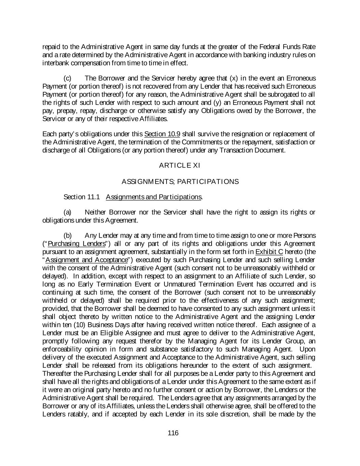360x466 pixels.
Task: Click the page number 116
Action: (173, 433)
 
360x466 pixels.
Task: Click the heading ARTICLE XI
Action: (179, 166)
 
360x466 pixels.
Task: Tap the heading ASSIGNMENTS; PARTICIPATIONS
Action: (180, 182)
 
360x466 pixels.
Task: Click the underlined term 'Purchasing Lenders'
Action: (76, 244)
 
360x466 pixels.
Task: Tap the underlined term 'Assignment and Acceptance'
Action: (86, 260)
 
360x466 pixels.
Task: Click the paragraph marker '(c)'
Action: (68, 78)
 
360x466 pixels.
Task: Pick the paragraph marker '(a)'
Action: (68, 212)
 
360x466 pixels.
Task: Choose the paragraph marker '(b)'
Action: (68, 236)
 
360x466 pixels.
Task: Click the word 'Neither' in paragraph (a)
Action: (95, 212)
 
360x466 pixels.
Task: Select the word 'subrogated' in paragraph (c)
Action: (286, 95)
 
